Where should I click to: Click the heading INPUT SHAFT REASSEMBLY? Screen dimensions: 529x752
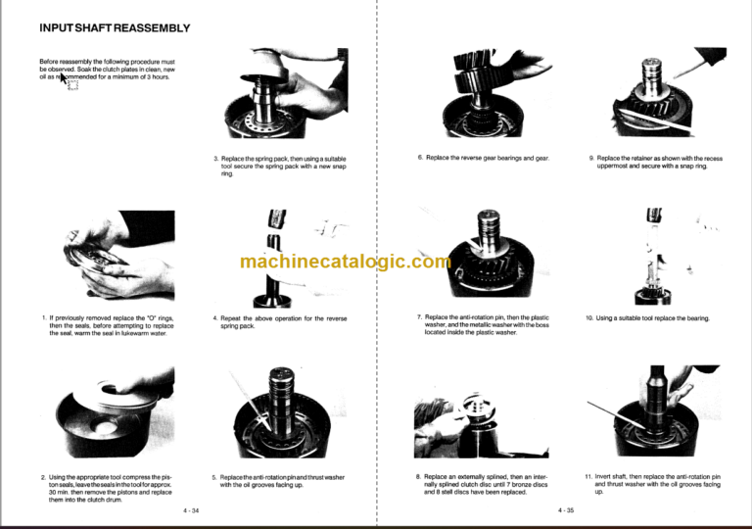click(115, 27)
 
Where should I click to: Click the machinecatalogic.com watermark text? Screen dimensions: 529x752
click(346, 262)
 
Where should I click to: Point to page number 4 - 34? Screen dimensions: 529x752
click(191, 510)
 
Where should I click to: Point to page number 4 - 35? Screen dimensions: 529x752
click(566, 510)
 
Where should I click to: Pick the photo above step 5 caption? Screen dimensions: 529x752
click(279, 415)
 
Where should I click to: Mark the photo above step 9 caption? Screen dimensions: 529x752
click(655, 98)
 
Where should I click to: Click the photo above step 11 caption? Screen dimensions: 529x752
click(655, 415)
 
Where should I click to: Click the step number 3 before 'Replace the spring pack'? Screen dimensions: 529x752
click(215, 159)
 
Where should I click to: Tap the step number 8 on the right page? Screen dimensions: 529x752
click(418, 476)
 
